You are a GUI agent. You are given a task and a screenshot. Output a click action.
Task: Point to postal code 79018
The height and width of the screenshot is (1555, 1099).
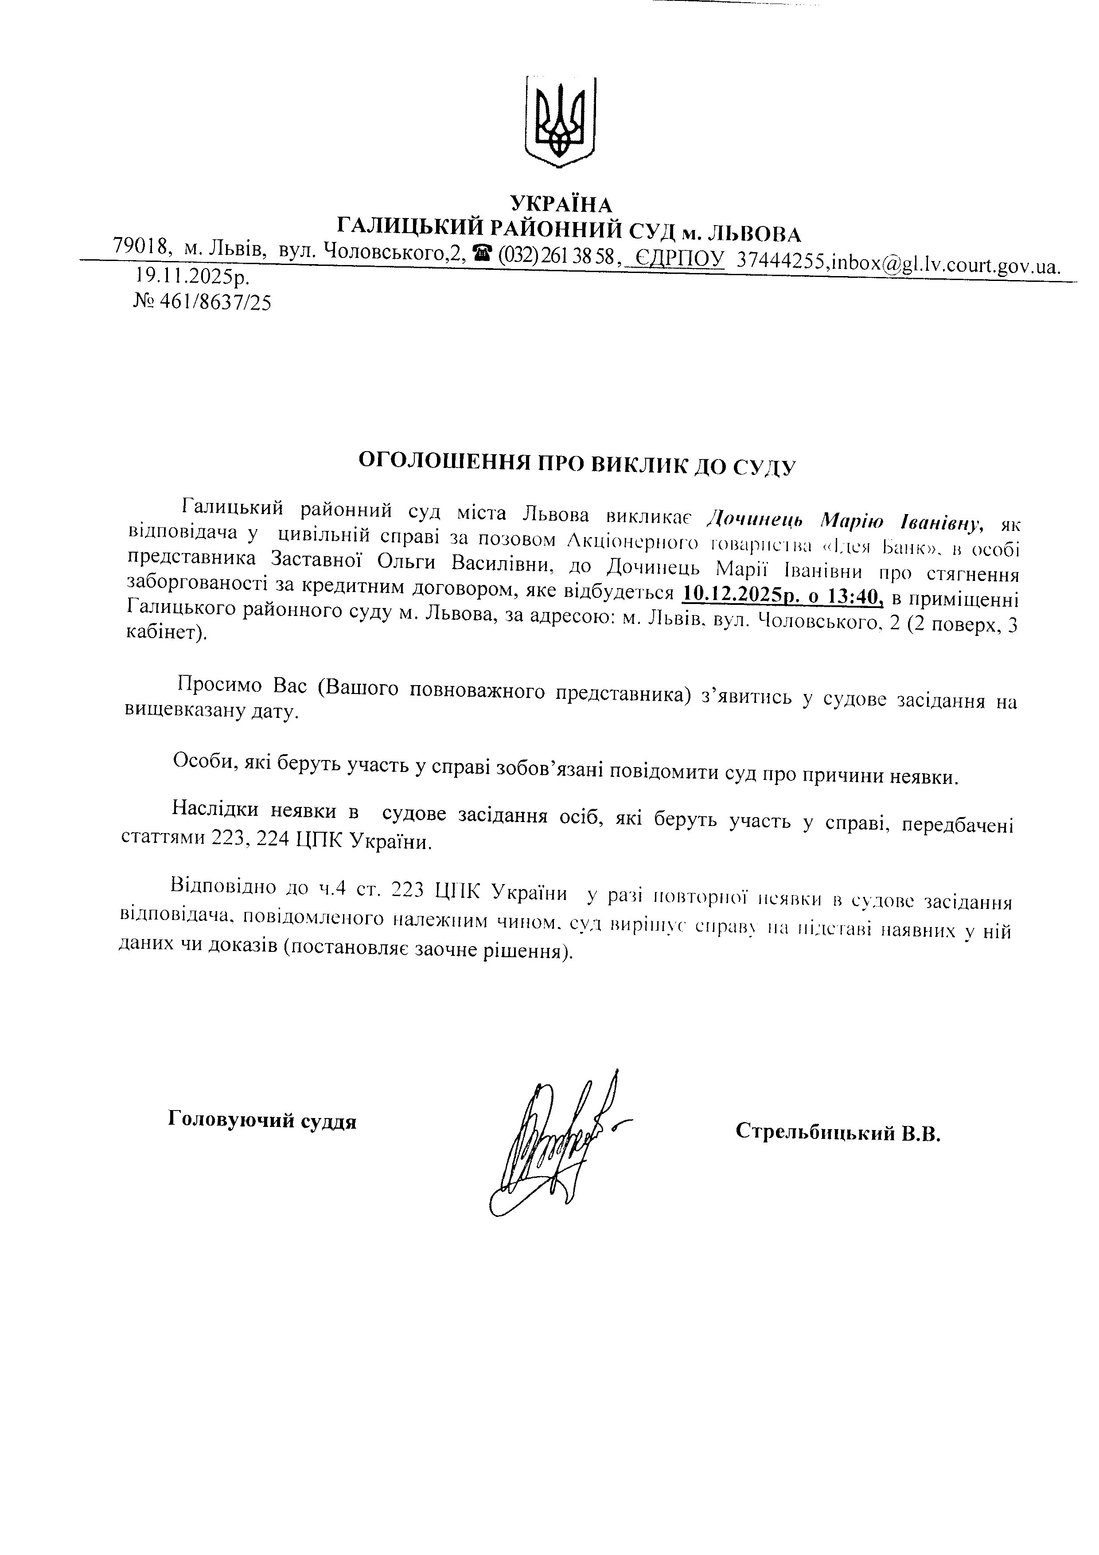coord(141,246)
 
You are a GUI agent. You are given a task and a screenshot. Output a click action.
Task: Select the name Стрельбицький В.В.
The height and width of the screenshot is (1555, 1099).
coord(838,1132)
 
